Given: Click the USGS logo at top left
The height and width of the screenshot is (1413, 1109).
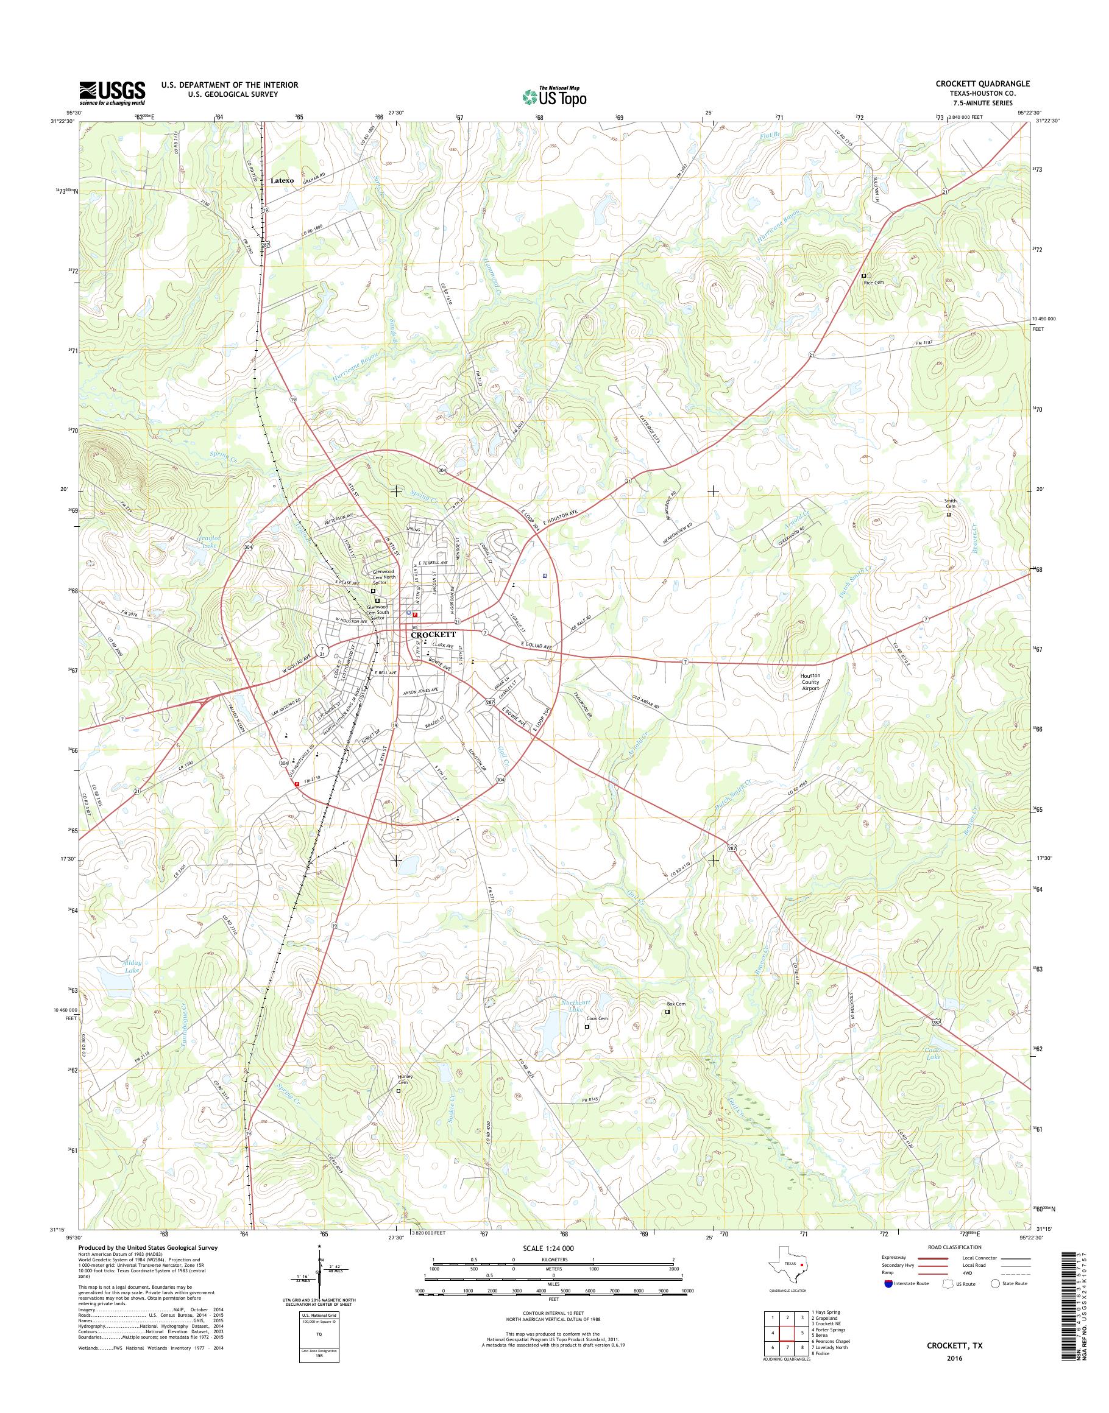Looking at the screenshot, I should click(x=112, y=93).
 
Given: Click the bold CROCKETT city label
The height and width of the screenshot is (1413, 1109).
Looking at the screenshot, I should click(x=434, y=635).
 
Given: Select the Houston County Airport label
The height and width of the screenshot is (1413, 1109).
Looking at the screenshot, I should click(x=810, y=682).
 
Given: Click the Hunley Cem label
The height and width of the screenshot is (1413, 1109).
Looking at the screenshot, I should click(x=405, y=1080).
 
